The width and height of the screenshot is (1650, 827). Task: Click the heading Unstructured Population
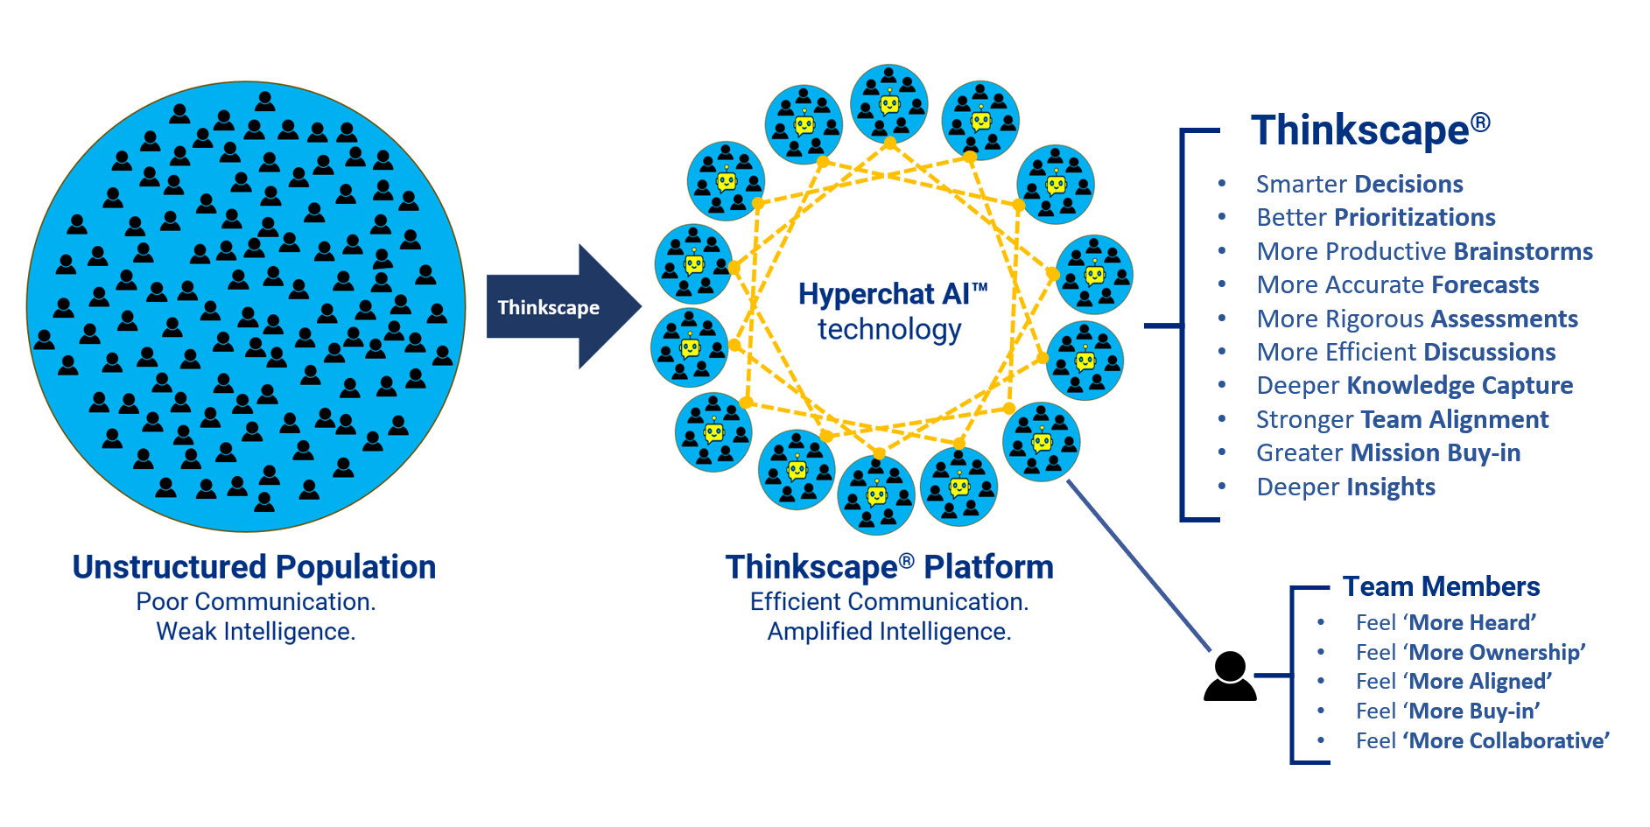254,567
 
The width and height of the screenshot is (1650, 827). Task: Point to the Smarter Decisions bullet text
1359,185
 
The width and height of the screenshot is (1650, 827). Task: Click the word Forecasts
1485,285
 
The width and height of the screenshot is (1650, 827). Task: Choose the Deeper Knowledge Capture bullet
1414,386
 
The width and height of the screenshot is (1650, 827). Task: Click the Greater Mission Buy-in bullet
1387,453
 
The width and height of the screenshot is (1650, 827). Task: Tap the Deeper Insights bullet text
1345,487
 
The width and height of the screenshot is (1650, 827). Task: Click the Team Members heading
1441,586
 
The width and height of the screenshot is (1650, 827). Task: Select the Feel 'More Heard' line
1445,623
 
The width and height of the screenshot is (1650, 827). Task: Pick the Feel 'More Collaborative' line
1482,741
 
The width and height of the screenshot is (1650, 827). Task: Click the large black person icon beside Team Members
1230,676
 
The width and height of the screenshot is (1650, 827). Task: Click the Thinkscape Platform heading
888,567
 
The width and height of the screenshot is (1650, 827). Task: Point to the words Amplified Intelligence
888,632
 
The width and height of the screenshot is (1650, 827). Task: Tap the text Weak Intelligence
256,632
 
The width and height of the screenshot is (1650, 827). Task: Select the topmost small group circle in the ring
889,103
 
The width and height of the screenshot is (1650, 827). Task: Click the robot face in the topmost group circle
889,105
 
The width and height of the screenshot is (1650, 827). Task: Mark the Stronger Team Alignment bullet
1401,420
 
